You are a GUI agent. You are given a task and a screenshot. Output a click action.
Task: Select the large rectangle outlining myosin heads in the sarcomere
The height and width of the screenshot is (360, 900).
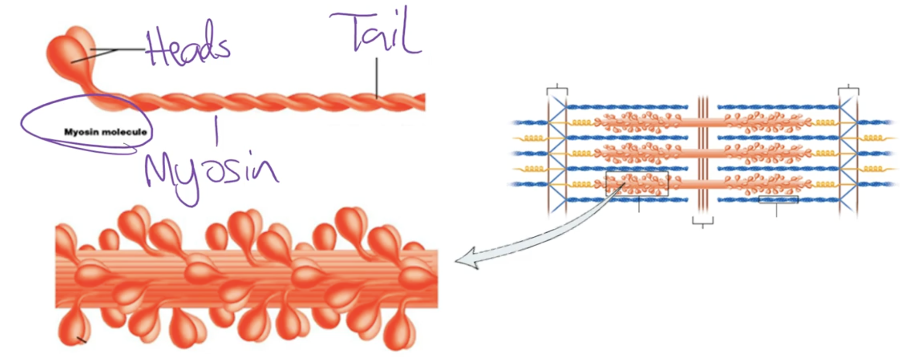637,183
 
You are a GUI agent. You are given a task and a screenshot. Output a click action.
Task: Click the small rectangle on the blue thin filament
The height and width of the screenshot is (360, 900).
778,200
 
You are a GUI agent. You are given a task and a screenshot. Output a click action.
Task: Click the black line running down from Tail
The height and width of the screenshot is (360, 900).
377,78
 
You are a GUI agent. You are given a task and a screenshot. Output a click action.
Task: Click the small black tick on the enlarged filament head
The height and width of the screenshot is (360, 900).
82,340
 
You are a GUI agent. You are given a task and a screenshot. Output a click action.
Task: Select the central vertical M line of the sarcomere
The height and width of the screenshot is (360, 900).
702,153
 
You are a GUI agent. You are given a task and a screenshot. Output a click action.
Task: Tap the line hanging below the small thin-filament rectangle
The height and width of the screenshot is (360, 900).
776,210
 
